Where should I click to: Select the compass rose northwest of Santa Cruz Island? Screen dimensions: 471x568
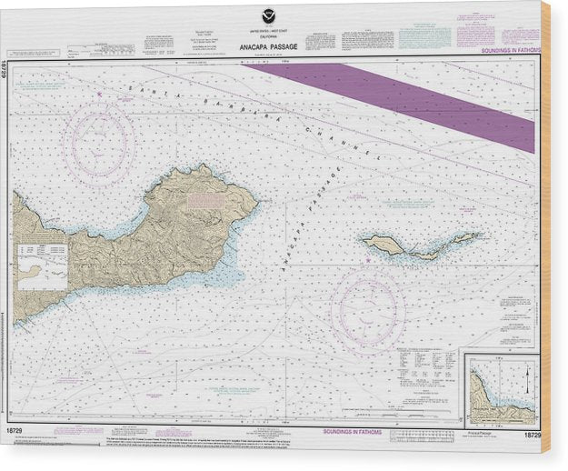(x=99, y=141)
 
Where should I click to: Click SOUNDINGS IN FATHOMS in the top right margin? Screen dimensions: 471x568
(x=509, y=51)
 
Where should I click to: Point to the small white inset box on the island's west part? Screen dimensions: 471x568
(x=42, y=266)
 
